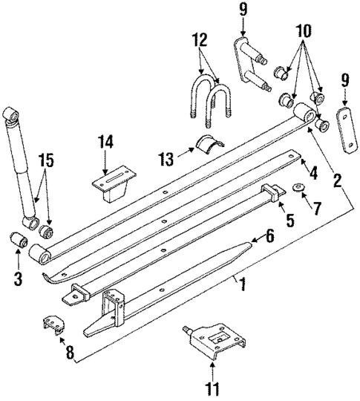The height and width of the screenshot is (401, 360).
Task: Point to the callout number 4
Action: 314,173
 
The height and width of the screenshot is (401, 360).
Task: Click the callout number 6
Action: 269,235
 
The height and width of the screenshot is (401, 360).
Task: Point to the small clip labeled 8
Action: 52,326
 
